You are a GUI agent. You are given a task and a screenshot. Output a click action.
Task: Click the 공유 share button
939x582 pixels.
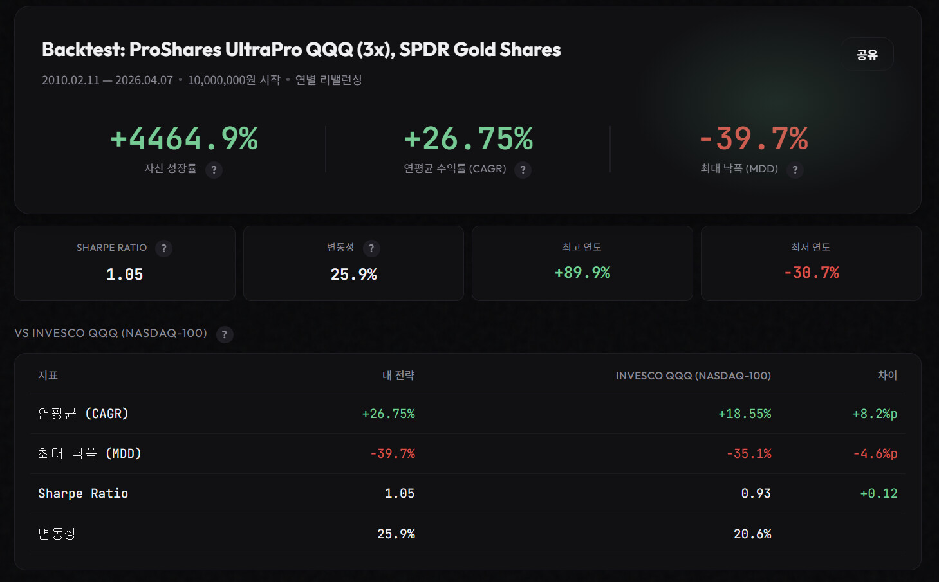click(x=867, y=55)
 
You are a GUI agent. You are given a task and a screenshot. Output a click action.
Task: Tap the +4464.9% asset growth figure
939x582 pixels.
click(x=184, y=138)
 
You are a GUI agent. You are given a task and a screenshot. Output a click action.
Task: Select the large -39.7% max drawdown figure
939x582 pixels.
click(x=754, y=138)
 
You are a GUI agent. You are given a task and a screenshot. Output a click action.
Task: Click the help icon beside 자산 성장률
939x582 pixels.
click(x=214, y=170)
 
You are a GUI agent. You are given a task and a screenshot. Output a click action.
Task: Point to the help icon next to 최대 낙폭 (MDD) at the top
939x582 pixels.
click(x=795, y=170)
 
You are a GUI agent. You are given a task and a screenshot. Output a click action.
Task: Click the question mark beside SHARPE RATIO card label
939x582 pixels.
click(x=163, y=248)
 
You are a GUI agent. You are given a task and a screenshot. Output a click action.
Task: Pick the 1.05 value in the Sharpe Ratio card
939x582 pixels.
click(x=125, y=275)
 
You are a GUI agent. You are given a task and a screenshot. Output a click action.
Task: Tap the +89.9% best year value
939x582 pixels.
click(x=582, y=273)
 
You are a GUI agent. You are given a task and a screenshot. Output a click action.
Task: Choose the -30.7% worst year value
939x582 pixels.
click(x=811, y=273)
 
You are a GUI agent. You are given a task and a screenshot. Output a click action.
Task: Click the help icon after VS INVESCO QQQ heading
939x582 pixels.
click(x=225, y=334)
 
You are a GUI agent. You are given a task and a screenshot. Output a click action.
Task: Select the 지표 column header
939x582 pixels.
click(x=48, y=376)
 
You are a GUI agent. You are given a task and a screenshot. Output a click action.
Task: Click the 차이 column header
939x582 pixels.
click(x=887, y=376)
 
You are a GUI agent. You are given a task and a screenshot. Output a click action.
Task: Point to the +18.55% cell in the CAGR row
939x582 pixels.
click(x=745, y=414)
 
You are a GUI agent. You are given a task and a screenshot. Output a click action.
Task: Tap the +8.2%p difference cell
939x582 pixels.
click(x=875, y=414)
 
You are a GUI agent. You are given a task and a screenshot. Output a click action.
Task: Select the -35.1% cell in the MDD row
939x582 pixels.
click(x=748, y=454)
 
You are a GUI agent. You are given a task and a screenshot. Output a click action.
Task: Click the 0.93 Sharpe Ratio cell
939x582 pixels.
click(x=756, y=494)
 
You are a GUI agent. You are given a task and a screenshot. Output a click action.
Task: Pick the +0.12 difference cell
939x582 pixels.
click(x=879, y=494)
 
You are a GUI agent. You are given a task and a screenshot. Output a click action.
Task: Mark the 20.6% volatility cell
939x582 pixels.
click(x=752, y=534)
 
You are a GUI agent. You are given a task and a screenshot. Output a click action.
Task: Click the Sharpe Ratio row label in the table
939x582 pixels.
click(x=83, y=494)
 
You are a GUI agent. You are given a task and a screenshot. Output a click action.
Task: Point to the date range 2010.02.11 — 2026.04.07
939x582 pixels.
click(x=107, y=80)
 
